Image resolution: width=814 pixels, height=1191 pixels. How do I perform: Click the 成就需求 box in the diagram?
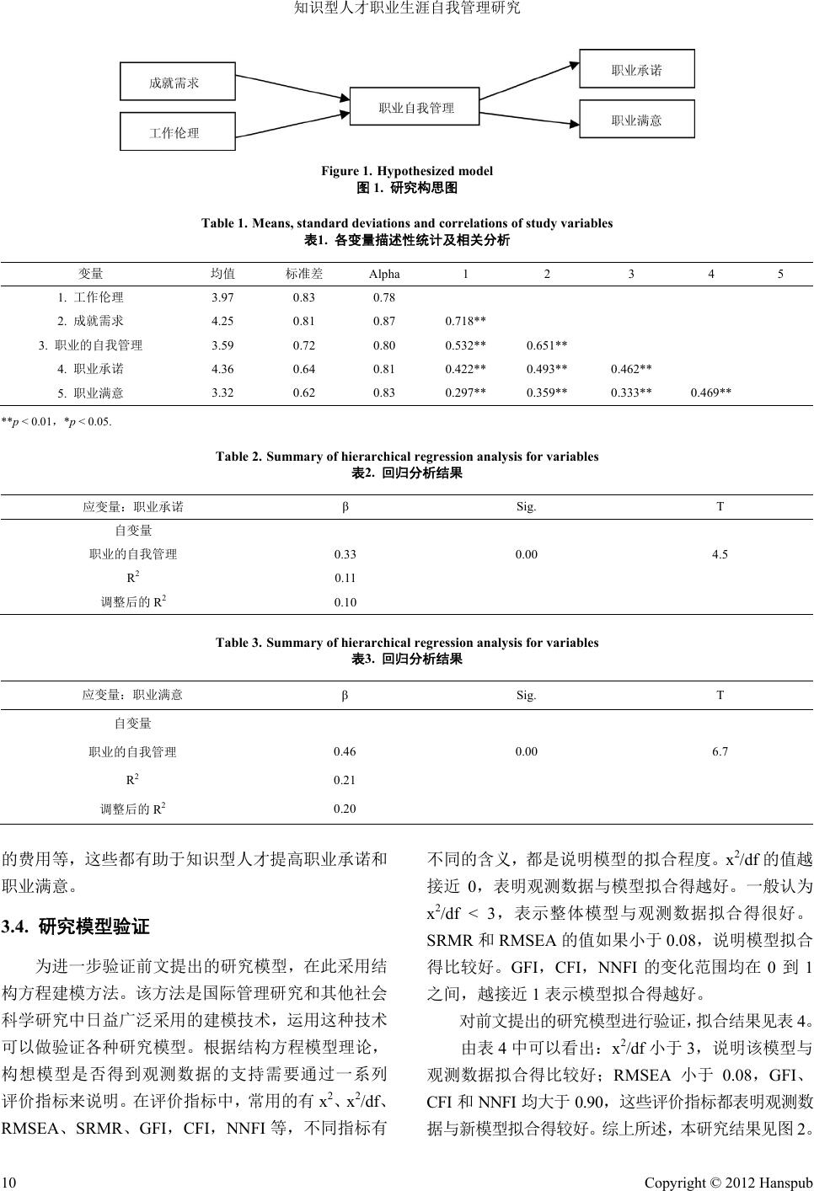(178, 83)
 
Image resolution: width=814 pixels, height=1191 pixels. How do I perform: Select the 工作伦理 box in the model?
(178, 132)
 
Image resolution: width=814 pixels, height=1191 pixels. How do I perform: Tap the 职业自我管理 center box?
(415, 108)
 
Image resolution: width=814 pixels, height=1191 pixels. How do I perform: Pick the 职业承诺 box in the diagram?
(636, 70)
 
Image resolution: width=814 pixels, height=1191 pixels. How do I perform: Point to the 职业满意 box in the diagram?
(636, 120)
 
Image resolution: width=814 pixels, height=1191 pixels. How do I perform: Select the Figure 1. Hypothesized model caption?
(407, 171)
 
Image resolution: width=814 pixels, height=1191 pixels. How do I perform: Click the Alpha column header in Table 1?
(384, 274)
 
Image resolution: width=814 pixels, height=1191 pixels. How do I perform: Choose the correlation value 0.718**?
(465, 321)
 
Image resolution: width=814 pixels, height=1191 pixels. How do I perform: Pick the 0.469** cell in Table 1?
(710, 393)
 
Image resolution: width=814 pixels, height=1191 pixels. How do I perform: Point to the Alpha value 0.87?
(384, 321)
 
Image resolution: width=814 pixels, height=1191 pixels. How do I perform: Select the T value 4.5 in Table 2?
(720, 554)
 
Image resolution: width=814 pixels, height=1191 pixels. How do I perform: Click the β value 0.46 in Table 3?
(345, 751)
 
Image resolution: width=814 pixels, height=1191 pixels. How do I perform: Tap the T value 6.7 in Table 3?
(720, 751)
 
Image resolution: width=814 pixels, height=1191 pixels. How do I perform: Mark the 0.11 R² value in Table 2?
(345, 578)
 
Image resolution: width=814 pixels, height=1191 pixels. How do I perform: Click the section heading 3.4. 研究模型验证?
(76, 927)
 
